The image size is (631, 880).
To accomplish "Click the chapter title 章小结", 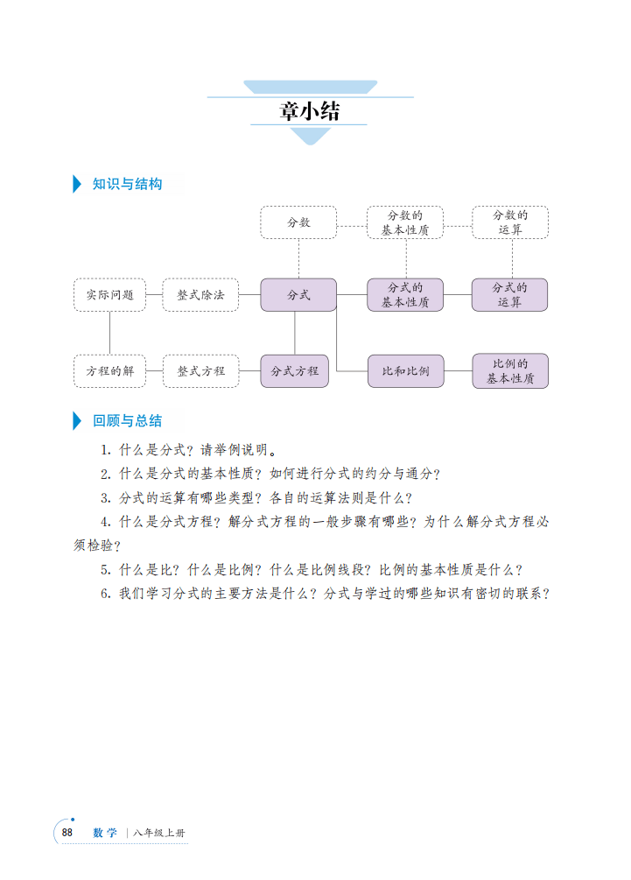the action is tap(310, 111).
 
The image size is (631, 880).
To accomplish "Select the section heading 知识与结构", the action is tap(127, 184).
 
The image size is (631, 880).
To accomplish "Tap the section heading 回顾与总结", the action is tap(127, 421).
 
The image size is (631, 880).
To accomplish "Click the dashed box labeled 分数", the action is tap(298, 222).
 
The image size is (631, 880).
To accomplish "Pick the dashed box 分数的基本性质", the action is tap(405, 222).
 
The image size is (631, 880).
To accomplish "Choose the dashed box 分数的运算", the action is tap(510, 222).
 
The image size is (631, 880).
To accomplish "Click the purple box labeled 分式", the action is tap(298, 294).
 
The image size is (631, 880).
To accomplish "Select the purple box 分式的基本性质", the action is tap(405, 294).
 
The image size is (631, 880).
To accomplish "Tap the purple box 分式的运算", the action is tap(510, 294).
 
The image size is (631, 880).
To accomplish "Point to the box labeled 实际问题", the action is tap(110, 294).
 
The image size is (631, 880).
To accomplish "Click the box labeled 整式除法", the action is tap(200, 294).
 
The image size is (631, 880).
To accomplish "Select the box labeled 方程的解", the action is tap(110, 371).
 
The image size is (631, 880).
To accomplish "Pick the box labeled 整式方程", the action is tap(200, 371).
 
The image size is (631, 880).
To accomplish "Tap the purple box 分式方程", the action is tap(294, 371).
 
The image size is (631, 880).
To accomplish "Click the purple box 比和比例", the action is tap(405, 371).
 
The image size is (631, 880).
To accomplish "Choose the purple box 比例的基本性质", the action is tap(510, 371).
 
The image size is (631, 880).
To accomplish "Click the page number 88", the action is tap(67, 833).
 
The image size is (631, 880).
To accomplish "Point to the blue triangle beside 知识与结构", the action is tap(77, 184).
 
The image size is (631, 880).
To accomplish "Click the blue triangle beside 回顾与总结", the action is tap(77, 421).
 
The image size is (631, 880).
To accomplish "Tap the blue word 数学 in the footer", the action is tap(105, 833).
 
